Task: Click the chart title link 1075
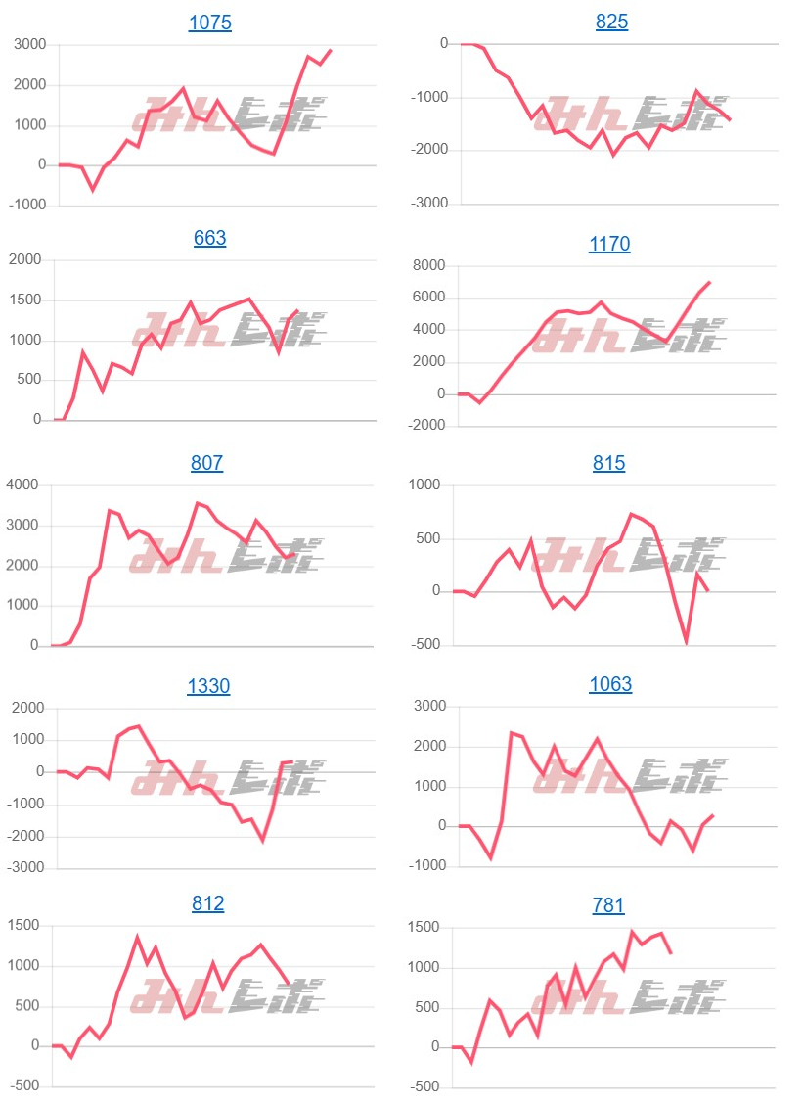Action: click(x=209, y=23)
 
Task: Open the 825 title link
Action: click(x=611, y=23)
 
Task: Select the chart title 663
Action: click(x=209, y=238)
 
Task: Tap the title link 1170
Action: click(x=609, y=244)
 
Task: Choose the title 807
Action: click(x=206, y=463)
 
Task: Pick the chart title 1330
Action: click(x=208, y=686)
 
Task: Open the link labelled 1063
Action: click(x=610, y=684)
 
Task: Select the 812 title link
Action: click(x=207, y=903)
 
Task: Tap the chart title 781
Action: click(x=607, y=906)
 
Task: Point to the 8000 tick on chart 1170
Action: click(x=426, y=265)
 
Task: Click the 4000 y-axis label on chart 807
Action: click(x=22, y=485)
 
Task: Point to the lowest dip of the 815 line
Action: click(x=687, y=642)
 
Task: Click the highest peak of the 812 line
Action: click(x=137, y=937)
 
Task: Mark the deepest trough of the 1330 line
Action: click(x=262, y=840)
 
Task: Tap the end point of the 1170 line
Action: click(x=709, y=282)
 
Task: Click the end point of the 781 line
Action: click(x=671, y=953)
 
